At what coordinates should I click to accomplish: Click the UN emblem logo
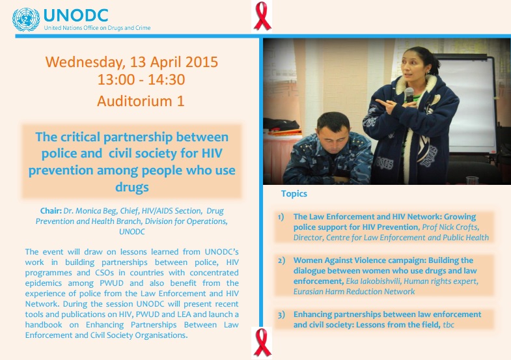click(26, 20)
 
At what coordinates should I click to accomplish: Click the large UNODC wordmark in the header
click(76, 16)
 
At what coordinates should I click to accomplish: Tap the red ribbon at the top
click(262, 16)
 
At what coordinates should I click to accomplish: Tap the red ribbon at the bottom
click(262, 342)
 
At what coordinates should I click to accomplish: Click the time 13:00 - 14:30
click(141, 79)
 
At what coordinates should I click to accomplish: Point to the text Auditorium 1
click(141, 101)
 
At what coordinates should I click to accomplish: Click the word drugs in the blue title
click(132, 187)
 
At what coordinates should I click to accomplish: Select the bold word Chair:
click(51, 211)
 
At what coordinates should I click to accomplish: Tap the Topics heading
click(294, 193)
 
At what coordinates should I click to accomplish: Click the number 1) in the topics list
click(281, 217)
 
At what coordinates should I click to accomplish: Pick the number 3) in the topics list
click(281, 314)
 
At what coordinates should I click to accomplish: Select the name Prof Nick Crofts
click(450, 227)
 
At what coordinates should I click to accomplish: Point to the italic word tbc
click(449, 325)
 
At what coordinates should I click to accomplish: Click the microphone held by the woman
click(409, 95)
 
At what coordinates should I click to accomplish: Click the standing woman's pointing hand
click(385, 105)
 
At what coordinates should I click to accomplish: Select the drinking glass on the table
click(472, 180)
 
